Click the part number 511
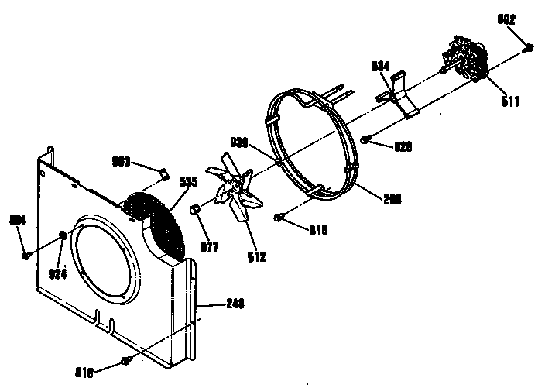click(x=509, y=101)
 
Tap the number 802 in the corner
click(x=507, y=21)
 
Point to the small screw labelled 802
click(x=528, y=48)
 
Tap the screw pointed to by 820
click(x=365, y=140)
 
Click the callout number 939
click(x=239, y=142)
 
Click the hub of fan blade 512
click(x=231, y=188)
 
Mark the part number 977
click(x=210, y=248)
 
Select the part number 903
click(x=122, y=162)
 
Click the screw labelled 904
click(x=26, y=254)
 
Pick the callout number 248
click(x=235, y=304)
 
